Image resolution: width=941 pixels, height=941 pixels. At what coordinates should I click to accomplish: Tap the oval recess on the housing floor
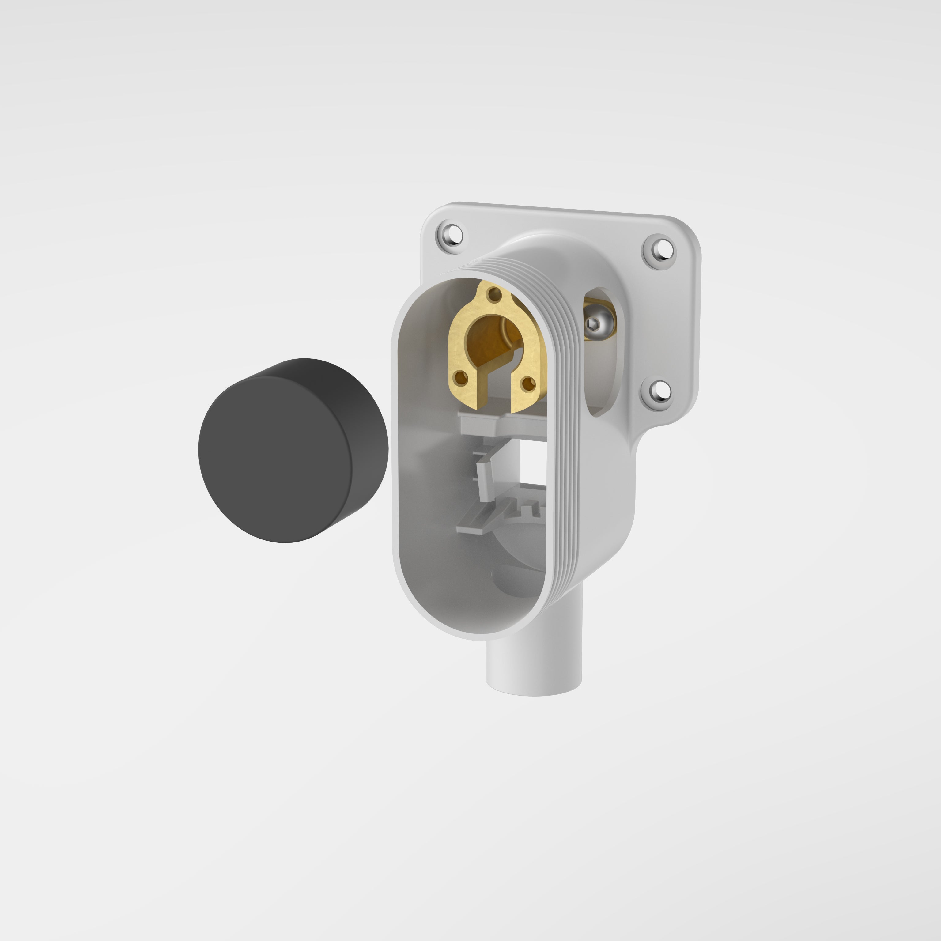(x=516, y=580)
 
